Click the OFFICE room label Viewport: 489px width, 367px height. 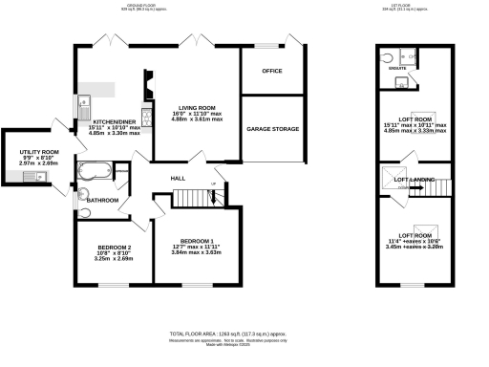click(x=272, y=71)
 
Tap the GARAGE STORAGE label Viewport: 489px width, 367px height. click(x=273, y=129)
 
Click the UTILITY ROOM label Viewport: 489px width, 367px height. click(x=39, y=152)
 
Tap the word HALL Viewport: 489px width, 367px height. click(x=178, y=179)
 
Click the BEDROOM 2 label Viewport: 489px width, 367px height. click(x=108, y=247)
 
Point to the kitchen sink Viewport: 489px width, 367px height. click(x=83, y=101)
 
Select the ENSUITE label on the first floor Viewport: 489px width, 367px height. click(x=392, y=70)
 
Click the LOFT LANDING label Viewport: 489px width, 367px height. click(x=415, y=180)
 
